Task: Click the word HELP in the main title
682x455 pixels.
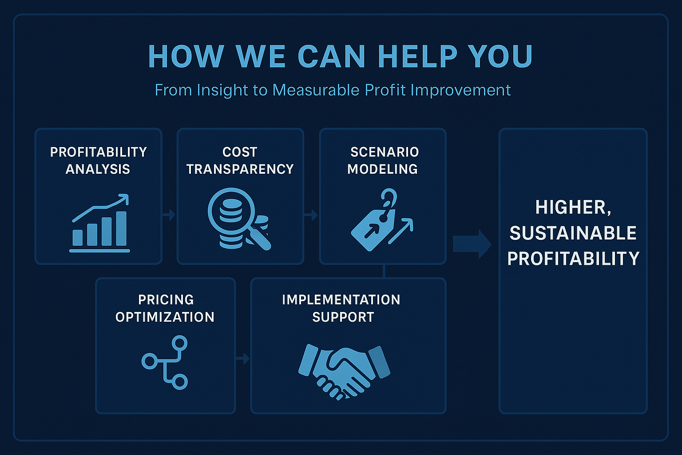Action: [x=417, y=56]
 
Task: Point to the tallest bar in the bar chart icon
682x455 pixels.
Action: [x=121, y=228]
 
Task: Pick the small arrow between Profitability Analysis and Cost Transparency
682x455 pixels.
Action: [x=169, y=215]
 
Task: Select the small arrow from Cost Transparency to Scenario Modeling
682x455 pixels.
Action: [x=311, y=215]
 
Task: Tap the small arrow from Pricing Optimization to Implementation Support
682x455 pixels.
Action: [x=243, y=359]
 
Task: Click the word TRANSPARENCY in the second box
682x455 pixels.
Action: [x=240, y=169]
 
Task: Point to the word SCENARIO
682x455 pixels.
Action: [x=385, y=152]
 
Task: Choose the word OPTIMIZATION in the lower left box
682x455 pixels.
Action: [x=165, y=317]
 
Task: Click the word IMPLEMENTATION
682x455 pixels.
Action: [x=341, y=300]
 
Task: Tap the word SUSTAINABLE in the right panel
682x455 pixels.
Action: [x=573, y=233]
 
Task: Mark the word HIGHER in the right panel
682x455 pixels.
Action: [x=573, y=208]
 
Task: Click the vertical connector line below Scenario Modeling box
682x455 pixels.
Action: [x=384, y=271]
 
